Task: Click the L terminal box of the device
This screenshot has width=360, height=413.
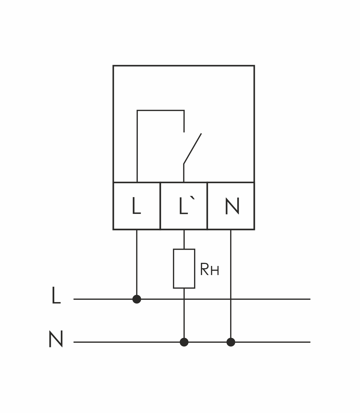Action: coord(137,206)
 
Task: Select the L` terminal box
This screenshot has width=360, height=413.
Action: coord(184,206)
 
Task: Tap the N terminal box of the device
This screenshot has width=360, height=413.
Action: coord(231,206)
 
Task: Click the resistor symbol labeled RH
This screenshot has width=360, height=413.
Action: coord(184,269)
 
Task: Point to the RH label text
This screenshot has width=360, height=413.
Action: coord(210,269)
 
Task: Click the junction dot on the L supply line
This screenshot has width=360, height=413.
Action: coord(137,299)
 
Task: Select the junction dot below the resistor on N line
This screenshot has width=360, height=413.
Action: coord(184,342)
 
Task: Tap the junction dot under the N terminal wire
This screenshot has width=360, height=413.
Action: coord(231,342)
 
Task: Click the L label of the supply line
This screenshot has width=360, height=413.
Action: coord(56,296)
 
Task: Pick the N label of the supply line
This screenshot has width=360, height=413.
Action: coord(56,339)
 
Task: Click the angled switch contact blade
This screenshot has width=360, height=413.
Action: coord(193,148)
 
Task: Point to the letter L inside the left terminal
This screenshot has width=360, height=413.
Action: coord(136,206)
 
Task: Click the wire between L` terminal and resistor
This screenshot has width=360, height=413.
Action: coord(184,239)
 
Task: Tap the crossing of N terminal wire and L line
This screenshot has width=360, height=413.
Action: coord(231,299)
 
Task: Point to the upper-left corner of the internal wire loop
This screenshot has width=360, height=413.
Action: coord(137,110)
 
